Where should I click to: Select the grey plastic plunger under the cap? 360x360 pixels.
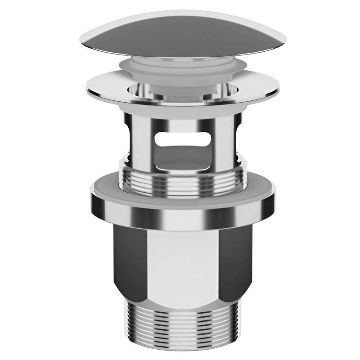pyautogui.click(x=180, y=72)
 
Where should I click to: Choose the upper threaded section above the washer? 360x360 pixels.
pyautogui.click(x=180, y=180)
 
